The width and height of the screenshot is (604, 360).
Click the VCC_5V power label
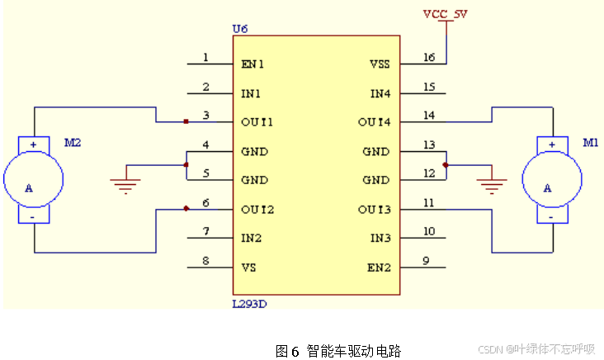(x=445, y=14)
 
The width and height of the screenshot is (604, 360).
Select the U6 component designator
(x=240, y=29)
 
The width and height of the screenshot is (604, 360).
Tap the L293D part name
(x=250, y=304)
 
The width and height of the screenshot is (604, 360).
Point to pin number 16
(x=428, y=57)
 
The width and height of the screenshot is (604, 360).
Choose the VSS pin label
(x=380, y=64)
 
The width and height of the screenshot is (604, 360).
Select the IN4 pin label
(x=380, y=93)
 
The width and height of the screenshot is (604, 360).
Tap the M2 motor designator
(x=73, y=142)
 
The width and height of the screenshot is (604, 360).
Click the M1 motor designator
(x=590, y=142)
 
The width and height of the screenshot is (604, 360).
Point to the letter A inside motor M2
(x=29, y=188)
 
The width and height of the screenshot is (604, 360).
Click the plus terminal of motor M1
(x=550, y=145)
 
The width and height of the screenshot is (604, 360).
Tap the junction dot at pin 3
(x=186, y=122)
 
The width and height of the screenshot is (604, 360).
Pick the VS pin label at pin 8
(x=248, y=268)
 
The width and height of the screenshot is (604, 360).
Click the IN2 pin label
(x=251, y=238)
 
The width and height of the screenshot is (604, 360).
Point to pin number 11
(x=428, y=201)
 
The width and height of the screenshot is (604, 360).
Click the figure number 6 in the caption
(x=295, y=351)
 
